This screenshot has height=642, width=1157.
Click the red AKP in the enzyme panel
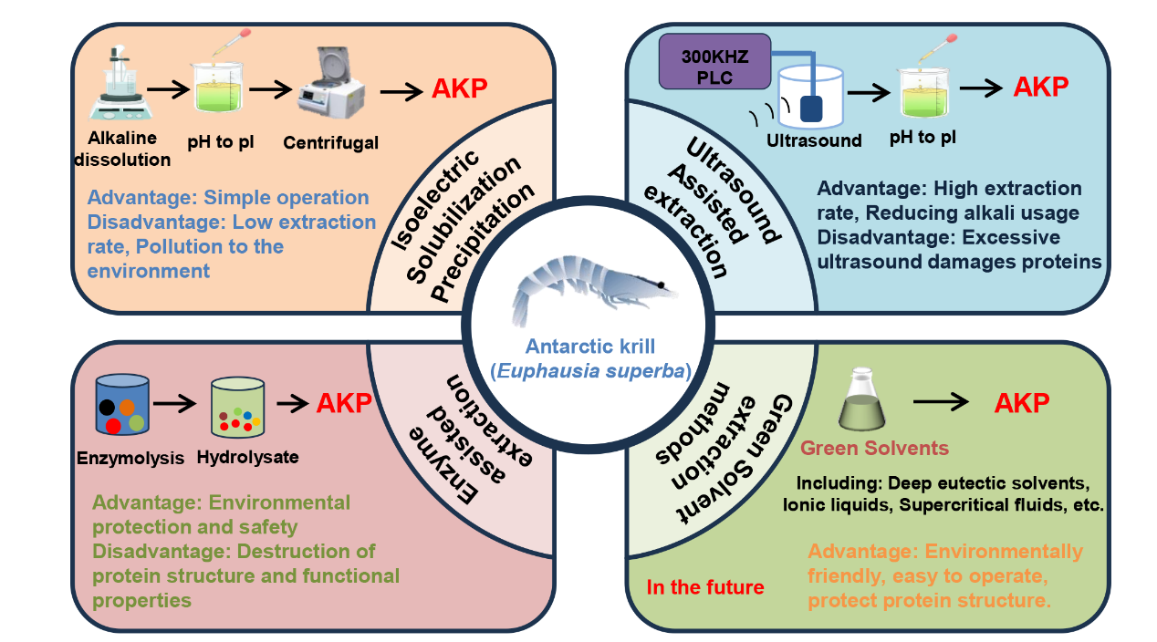pyautogui.click(x=344, y=403)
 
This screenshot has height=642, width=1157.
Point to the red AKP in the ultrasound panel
pyautogui.click(x=1040, y=87)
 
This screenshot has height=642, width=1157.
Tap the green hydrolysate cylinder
pyautogui.click(x=240, y=407)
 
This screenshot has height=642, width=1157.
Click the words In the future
pyautogui.click(x=705, y=587)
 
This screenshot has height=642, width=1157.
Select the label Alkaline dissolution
pyautogui.click(x=129, y=150)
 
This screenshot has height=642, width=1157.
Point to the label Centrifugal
pyautogui.click(x=330, y=142)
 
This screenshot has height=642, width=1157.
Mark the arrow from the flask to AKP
pyautogui.click(x=946, y=401)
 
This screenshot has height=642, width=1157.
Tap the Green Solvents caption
pyautogui.click(x=874, y=449)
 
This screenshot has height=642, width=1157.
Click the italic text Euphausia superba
pyautogui.click(x=595, y=371)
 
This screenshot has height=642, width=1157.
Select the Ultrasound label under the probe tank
pyautogui.click(x=814, y=140)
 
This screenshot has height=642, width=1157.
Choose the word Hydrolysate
pyautogui.click(x=247, y=458)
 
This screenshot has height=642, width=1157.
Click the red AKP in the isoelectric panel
pyautogui.click(x=459, y=88)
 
